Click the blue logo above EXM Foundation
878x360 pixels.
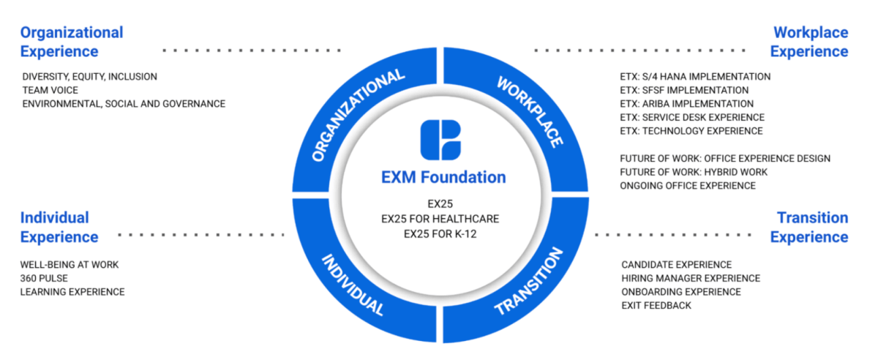[440, 140]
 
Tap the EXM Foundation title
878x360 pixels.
[443, 177]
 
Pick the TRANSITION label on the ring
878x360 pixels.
[528, 282]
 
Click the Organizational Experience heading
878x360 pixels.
[72, 42]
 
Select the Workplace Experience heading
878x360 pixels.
[809, 42]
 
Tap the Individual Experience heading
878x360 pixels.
[59, 227]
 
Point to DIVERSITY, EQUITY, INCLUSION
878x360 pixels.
[89, 76]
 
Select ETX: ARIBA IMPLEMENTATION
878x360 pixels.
[686, 104]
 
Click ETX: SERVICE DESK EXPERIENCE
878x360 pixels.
[692, 117]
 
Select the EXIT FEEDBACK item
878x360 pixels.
[656, 305]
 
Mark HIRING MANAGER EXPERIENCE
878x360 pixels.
[691, 278]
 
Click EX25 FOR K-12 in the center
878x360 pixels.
[443, 233]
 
